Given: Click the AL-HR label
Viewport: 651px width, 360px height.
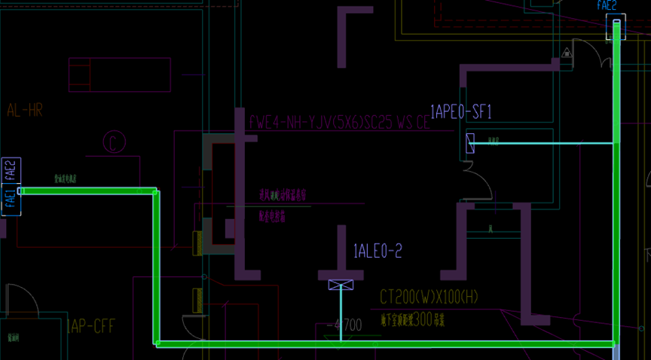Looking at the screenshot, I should click(x=25, y=111).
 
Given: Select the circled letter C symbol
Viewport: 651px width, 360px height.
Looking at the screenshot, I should click(x=114, y=142).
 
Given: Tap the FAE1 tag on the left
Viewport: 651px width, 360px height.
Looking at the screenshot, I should click(x=10, y=200).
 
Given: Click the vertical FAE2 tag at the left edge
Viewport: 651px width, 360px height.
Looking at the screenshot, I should click(x=10, y=170).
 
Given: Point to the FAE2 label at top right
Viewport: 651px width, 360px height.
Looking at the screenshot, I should click(x=607, y=6).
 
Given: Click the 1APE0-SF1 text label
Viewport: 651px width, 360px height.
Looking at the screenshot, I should click(x=460, y=112).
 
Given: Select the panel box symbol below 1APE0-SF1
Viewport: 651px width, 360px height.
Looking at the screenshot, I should click(x=470, y=143).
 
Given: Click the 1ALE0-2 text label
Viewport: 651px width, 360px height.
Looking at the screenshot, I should click(x=377, y=252).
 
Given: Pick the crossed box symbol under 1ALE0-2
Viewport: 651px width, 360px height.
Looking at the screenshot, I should click(x=341, y=284).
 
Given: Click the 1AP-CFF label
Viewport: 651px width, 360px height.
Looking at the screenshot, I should click(x=90, y=327).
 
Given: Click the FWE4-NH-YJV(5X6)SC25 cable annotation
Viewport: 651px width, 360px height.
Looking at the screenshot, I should click(x=339, y=122).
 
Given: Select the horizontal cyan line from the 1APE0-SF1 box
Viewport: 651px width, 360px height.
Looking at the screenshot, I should click(x=542, y=142).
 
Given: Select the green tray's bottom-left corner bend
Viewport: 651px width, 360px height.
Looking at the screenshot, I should click(x=157, y=343).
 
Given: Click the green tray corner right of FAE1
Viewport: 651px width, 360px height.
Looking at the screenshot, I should click(x=156, y=191).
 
